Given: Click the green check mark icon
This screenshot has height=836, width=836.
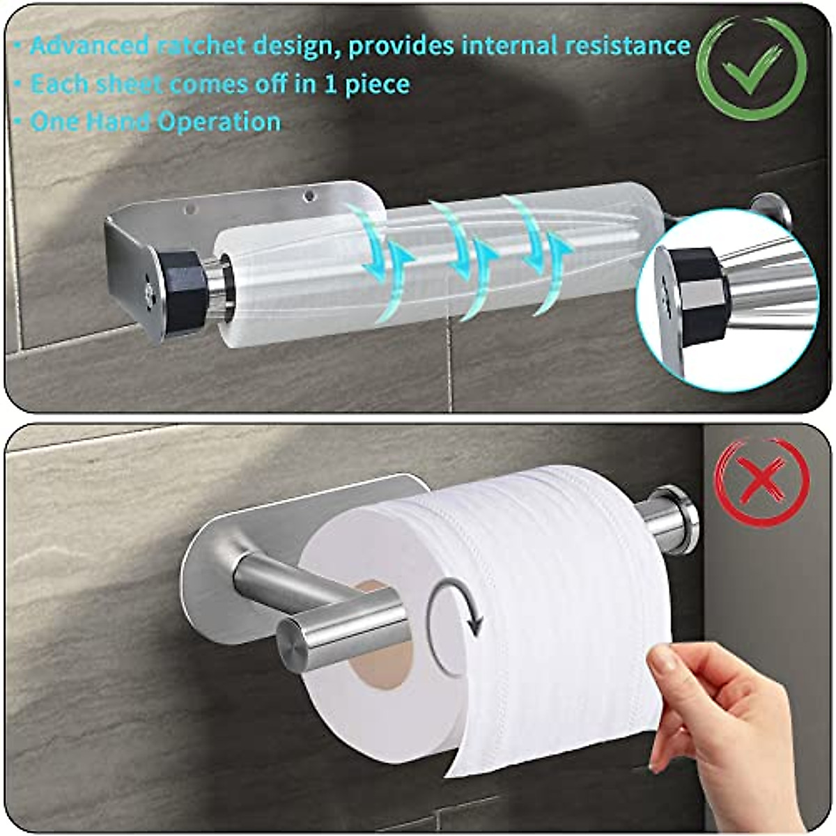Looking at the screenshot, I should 752,65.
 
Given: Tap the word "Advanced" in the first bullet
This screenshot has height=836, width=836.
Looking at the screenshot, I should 88,47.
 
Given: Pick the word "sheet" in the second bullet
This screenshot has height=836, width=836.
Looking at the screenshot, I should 128,84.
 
